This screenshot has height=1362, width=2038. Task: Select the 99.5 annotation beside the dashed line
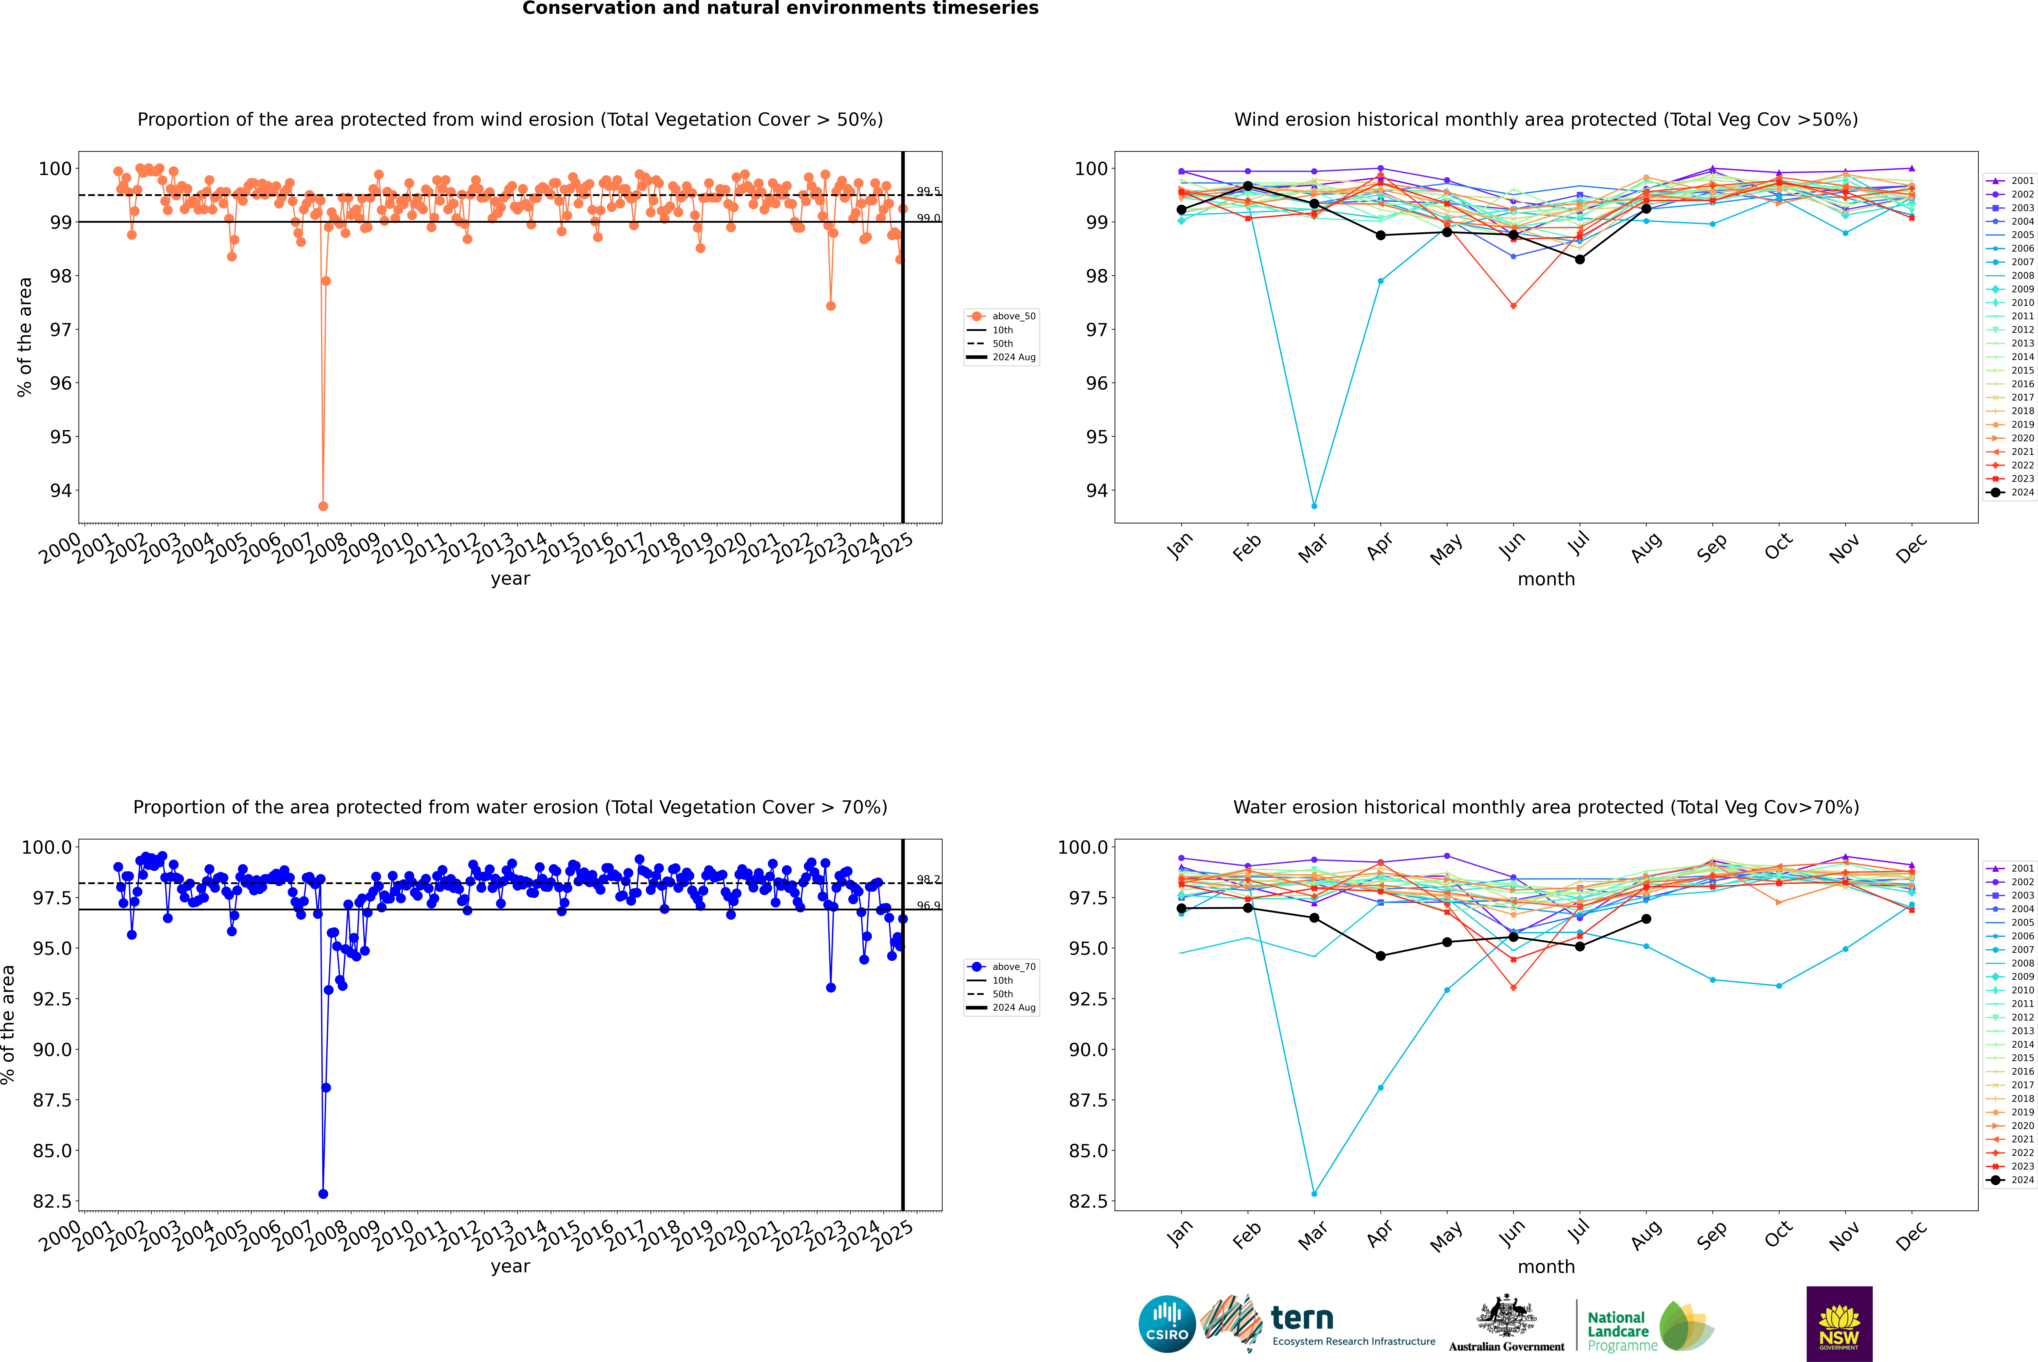[x=928, y=191]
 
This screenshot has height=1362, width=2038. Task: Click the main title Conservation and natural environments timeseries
[x=780, y=9]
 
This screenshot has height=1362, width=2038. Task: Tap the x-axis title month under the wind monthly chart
[x=1545, y=579]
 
